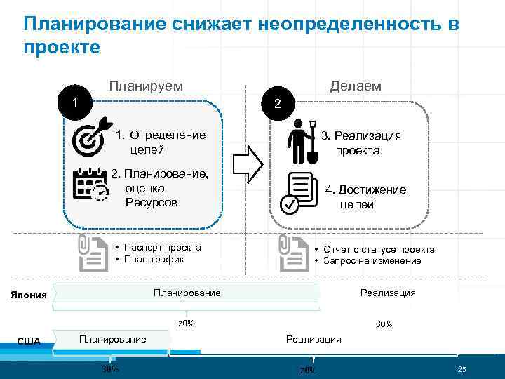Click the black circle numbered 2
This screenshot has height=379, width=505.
[x=278, y=103]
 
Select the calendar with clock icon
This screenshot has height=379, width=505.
[x=90, y=185]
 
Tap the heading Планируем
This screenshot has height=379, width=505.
[x=146, y=86]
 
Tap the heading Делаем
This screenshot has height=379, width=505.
[x=356, y=86]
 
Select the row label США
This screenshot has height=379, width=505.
[x=29, y=341]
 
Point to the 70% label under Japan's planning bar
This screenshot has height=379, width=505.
[x=186, y=324]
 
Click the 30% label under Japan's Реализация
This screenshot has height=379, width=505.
[x=384, y=324]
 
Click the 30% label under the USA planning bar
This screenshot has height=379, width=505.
[x=110, y=369]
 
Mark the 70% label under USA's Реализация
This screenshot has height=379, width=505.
[x=308, y=370]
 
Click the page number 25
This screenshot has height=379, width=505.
[x=462, y=370]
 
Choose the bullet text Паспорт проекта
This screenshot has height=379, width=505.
[x=162, y=247]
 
